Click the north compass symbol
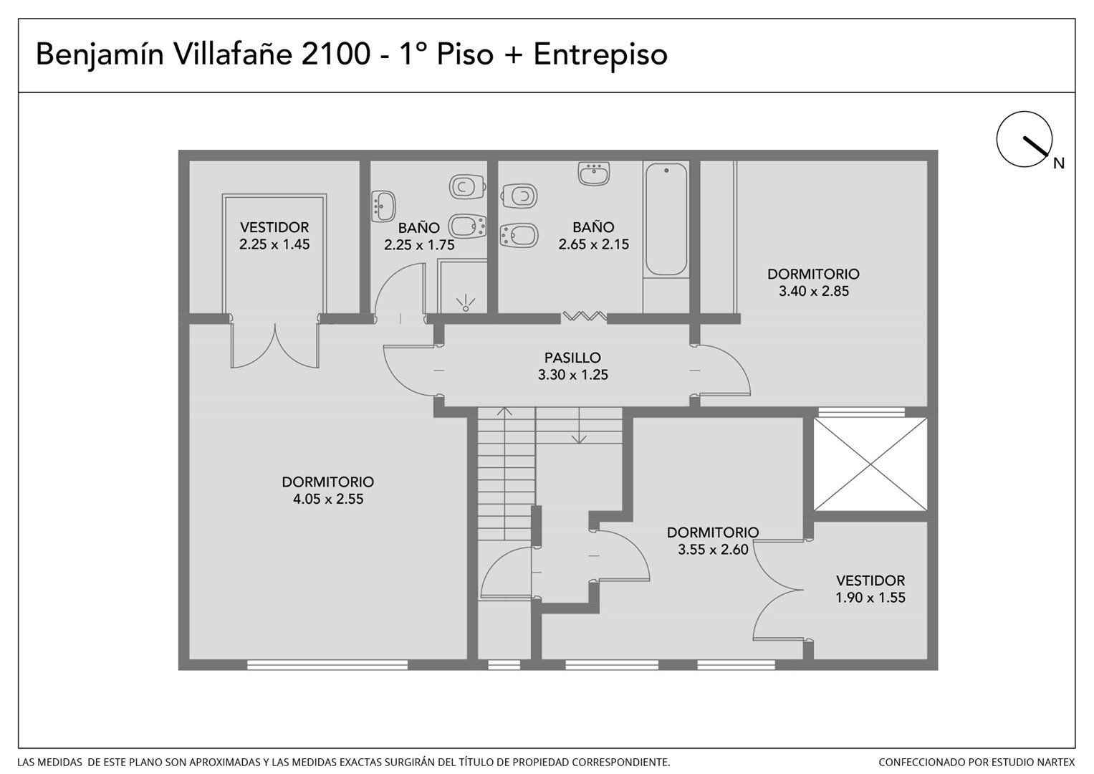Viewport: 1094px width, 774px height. [x=1025, y=139]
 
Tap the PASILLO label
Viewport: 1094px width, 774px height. [x=572, y=358]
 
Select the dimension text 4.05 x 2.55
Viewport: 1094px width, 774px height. [x=328, y=499]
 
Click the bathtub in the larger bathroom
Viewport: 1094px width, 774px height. [x=666, y=219]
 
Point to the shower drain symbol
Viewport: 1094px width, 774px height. [x=466, y=303]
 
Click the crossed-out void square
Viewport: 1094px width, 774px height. [x=870, y=464]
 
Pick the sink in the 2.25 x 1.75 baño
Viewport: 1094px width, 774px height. [x=383, y=206]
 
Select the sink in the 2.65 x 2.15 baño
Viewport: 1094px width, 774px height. [x=593, y=173]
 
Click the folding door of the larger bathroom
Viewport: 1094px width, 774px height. [x=584, y=316]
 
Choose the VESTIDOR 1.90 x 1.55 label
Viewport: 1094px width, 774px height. [x=870, y=589]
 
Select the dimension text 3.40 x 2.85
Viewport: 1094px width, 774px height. [x=814, y=291]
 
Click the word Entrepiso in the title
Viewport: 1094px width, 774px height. [x=600, y=54]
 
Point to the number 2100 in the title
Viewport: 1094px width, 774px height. [x=335, y=54]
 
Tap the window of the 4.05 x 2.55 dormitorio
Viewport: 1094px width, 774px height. [x=327, y=664]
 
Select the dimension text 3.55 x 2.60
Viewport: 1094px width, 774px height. [x=713, y=549]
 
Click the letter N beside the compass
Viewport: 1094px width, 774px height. [x=1058, y=163]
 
